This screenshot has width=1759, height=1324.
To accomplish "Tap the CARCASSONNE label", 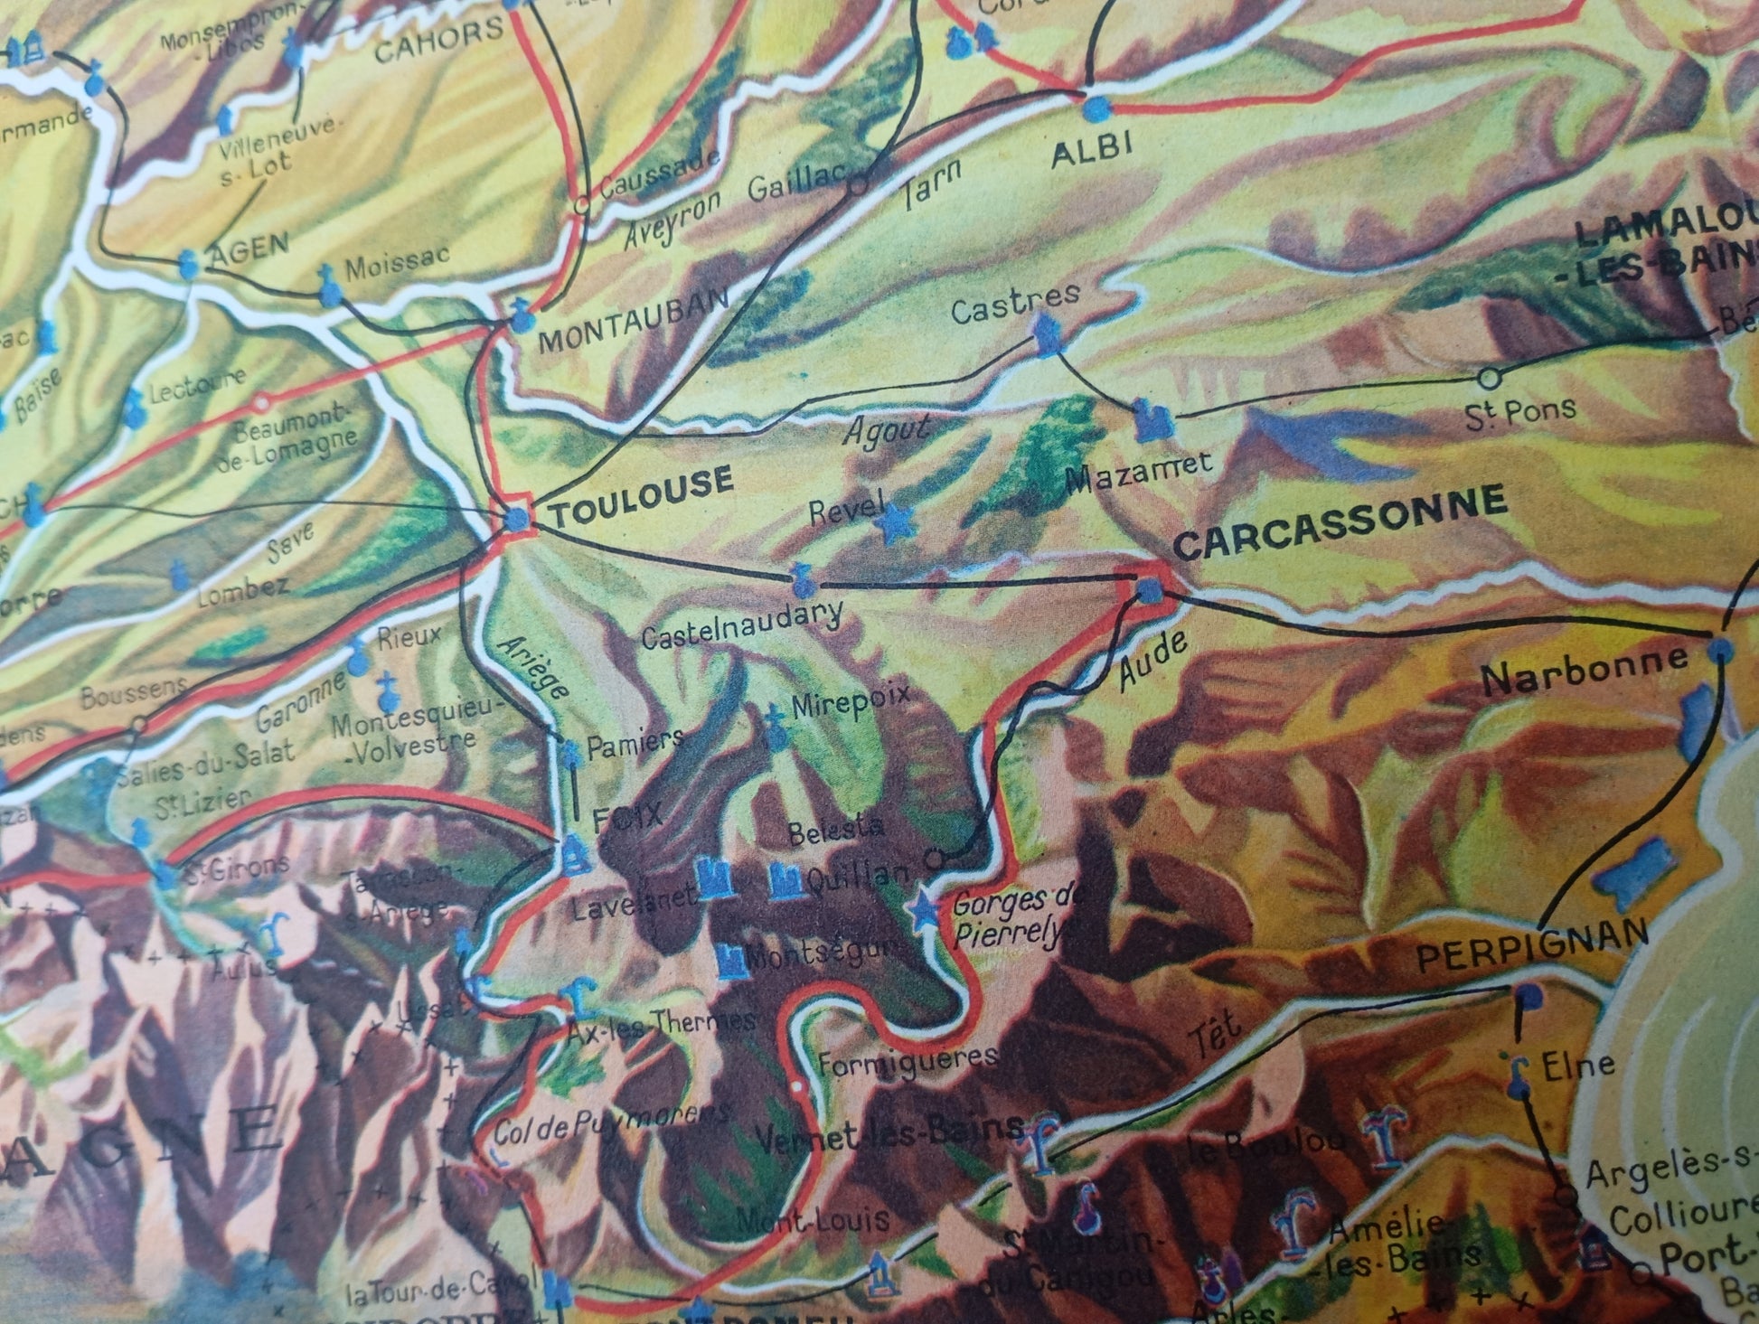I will coord(1342,524).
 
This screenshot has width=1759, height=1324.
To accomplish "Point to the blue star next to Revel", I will coord(894,522).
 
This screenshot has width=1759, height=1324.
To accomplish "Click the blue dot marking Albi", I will coord(1096,108).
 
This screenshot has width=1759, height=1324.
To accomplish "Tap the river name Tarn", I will coord(931,183).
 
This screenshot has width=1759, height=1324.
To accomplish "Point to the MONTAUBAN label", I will coord(633,324).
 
